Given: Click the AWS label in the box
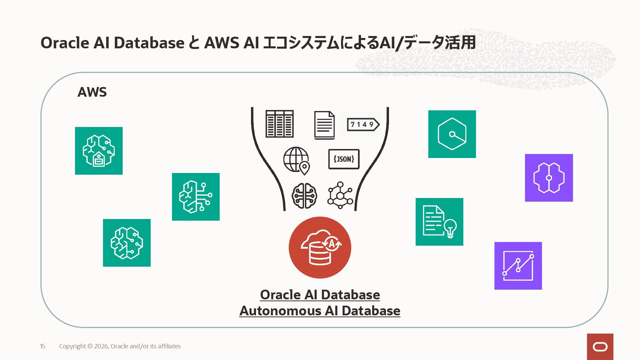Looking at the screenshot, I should (x=92, y=92).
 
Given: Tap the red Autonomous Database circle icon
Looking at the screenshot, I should (x=320, y=247).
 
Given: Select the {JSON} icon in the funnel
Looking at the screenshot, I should (x=344, y=159).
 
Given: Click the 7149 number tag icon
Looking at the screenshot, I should (x=363, y=124).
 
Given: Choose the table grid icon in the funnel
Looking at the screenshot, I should (x=279, y=124).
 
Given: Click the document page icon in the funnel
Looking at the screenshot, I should (x=324, y=125).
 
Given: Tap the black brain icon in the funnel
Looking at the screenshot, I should (x=304, y=195).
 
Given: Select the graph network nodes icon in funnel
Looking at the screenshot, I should (x=340, y=195).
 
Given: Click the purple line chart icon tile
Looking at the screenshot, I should (x=518, y=266).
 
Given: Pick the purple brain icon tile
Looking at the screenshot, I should (x=549, y=178).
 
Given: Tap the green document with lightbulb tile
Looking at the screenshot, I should (x=439, y=222).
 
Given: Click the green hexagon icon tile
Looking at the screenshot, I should (x=452, y=134).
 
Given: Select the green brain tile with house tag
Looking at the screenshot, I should (x=99, y=151).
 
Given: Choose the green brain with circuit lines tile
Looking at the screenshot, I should (x=196, y=197).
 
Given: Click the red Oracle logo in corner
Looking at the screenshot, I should (x=600, y=347).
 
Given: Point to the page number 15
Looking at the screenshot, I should (x=43, y=346).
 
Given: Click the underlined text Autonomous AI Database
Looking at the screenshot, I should (x=320, y=311).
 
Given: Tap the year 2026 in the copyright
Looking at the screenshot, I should (x=101, y=346).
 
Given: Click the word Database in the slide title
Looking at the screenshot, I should (x=149, y=43).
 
